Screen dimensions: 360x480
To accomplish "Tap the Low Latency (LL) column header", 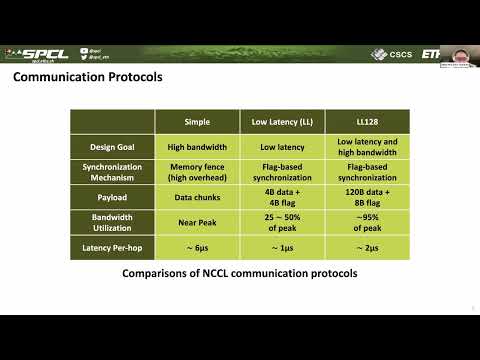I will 282,121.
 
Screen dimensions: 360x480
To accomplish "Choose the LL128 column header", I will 368,121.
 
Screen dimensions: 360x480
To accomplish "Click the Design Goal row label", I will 112,146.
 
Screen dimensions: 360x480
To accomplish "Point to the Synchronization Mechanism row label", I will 112,172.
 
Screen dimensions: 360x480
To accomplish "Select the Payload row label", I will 112,198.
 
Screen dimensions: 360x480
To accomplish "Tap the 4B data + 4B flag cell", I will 282,198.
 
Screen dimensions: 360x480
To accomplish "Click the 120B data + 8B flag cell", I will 368,198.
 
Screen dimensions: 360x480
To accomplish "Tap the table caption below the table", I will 239,273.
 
